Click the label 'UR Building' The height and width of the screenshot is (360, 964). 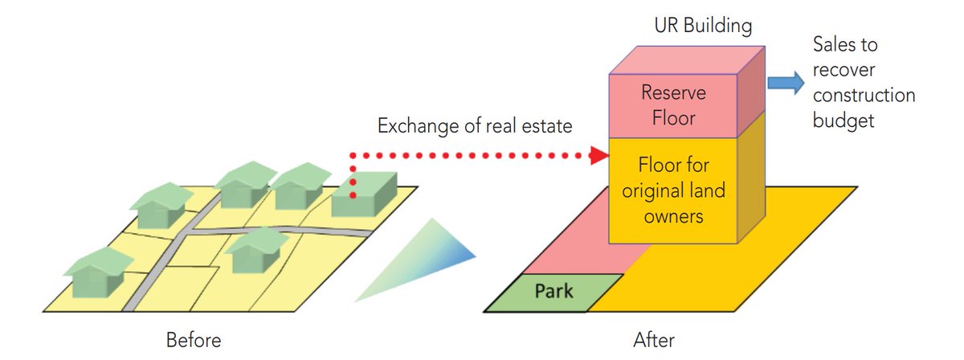703,27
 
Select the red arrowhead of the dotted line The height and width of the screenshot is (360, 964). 598,155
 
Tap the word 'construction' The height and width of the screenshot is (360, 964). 864,96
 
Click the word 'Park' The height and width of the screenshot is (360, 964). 555,291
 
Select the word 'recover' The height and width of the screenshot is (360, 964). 839,70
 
